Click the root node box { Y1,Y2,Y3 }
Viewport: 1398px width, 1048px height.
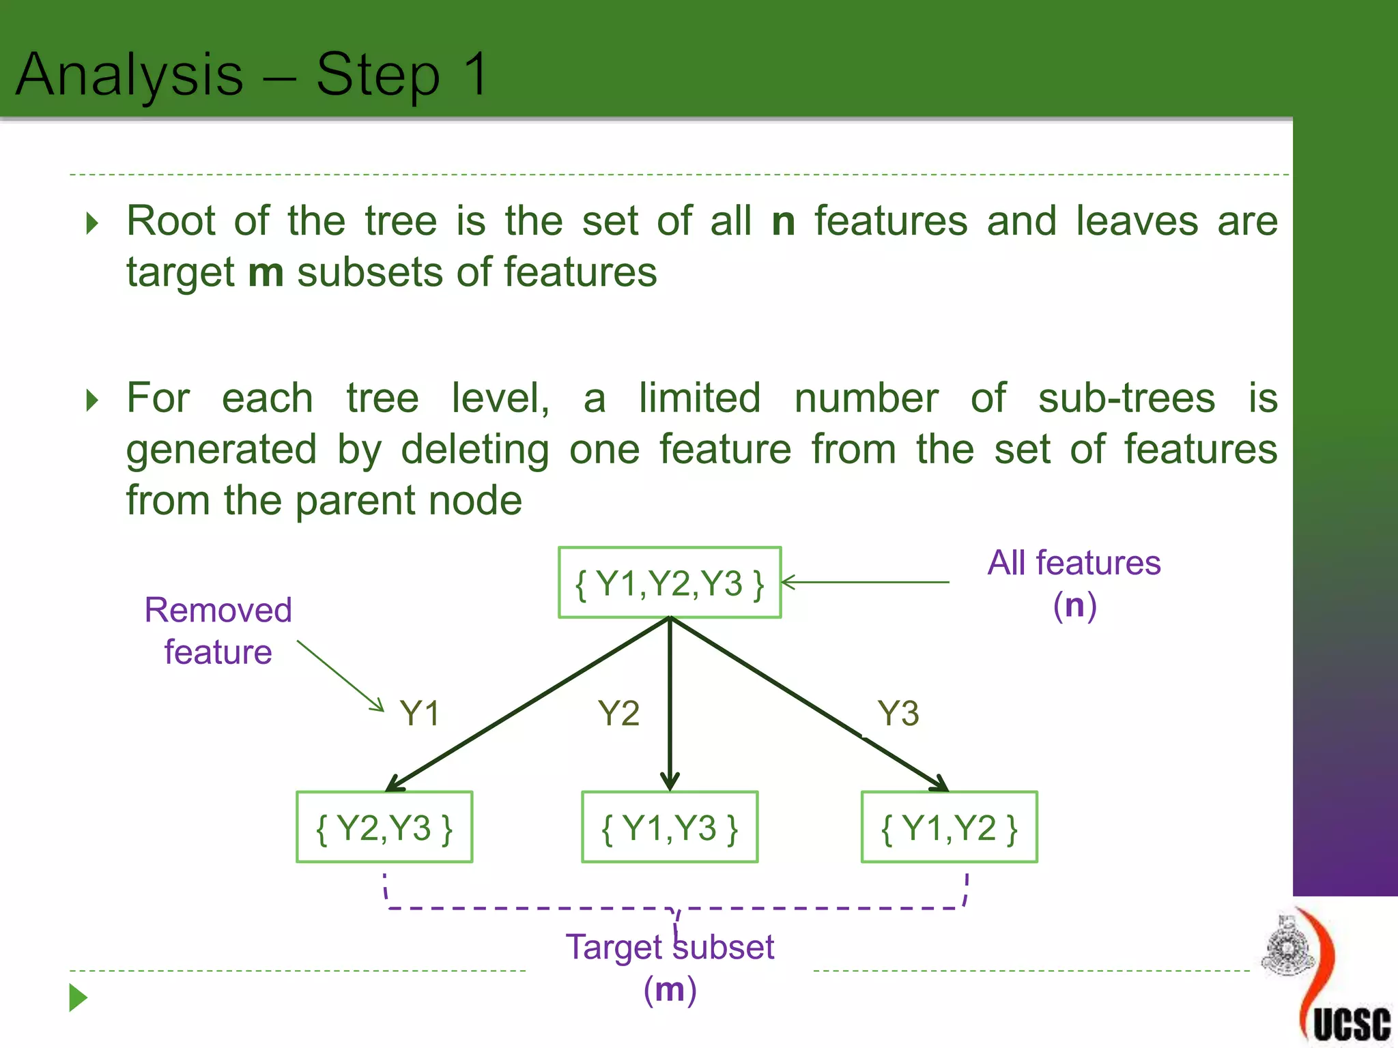point(670,583)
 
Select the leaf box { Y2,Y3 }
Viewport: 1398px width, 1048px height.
point(384,828)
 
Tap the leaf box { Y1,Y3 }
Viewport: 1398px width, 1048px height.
point(670,828)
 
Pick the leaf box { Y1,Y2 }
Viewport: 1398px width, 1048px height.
point(949,828)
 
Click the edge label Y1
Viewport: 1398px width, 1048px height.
point(420,714)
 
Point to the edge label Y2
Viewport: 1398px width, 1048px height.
point(618,714)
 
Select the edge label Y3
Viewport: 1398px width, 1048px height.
point(898,714)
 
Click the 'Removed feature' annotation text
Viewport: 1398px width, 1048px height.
point(218,630)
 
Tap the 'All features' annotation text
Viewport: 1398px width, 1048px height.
point(1074,564)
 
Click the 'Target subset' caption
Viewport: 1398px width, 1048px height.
point(670,947)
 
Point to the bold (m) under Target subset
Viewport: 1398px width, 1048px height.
point(670,989)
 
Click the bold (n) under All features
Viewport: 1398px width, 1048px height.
point(1074,605)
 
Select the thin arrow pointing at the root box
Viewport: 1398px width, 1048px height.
point(866,582)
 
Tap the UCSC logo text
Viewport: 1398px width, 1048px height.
point(1352,1023)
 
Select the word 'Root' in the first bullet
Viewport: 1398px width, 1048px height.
point(171,221)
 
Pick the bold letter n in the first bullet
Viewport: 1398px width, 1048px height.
point(783,221)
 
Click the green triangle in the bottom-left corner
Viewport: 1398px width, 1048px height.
point(78,998)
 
